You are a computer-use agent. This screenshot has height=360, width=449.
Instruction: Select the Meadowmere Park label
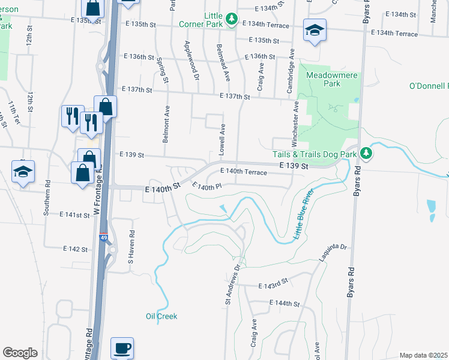[323, 79]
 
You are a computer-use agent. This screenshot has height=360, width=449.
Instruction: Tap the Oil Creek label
[161, 316]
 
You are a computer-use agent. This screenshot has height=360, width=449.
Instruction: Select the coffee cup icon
[122, 348]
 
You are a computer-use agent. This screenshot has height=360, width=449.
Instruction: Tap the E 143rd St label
[273, 283]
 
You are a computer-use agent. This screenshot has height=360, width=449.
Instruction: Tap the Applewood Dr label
[191, 60]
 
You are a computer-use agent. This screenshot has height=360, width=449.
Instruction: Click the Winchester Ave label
[295, 123]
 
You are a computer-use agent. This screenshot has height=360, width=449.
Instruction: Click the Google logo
[20, 353]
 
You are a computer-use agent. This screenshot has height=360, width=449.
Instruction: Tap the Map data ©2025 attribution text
[423, 355]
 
